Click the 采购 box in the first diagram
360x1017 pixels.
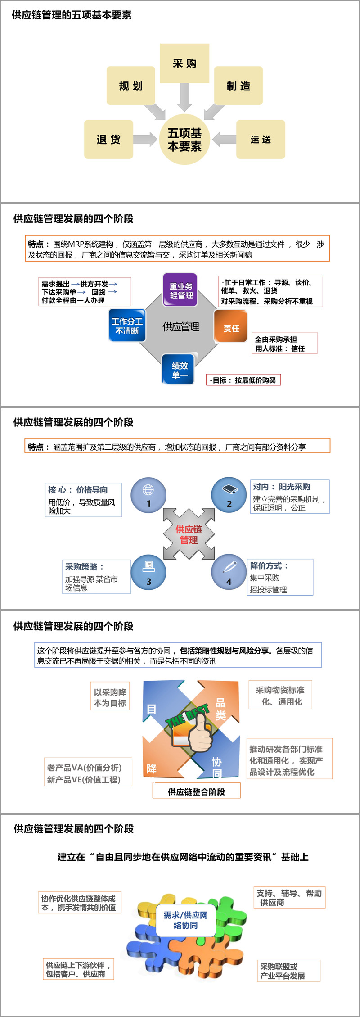coord(184,63)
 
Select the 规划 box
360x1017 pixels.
coord(130,86)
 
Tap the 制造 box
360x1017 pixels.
coord(238,86)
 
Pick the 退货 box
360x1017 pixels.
coord(108,139)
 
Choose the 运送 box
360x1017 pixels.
coord(261,139)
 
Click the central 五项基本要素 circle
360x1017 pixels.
coord(184,140)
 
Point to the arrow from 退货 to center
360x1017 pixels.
coord(144,139)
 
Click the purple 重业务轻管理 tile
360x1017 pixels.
coord(180,290)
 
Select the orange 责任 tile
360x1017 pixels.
coord(231,328)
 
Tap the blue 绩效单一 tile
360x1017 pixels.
coord(179,370)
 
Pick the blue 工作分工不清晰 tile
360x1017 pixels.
coord(127,325)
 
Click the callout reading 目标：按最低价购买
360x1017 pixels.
coord(243,380)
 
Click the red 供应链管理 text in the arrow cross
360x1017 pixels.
coord(189,534)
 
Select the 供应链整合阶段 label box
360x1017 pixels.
coord(196,791)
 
